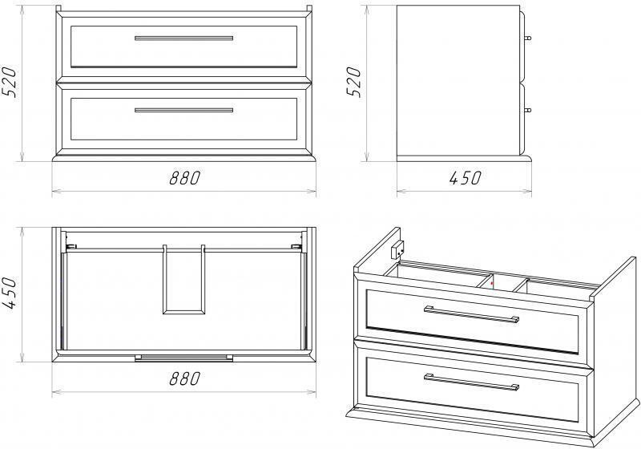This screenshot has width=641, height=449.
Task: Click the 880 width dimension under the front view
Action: [x=185, y=178]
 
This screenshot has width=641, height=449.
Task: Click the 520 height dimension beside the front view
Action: [x=9, y=82]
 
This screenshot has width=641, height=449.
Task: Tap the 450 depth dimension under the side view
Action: [x=465, y=178]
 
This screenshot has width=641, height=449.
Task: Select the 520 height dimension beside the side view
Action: [x=354, y=82]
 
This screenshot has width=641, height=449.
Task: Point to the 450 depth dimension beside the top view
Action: [x=9, y=293]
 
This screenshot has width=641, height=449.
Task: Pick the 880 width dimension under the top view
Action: [x=185, y=378]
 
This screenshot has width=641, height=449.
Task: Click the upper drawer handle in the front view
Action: [x=184, y=38]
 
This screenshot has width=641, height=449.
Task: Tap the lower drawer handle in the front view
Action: [x=184, y=110]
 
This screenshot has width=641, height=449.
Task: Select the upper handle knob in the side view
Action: [x=527, y=38]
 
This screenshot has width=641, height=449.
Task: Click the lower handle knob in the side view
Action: [x=527, y=110]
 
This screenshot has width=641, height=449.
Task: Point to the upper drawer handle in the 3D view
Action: [x=472, y=314]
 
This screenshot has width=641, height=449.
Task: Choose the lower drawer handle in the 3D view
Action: [x=472, y=382]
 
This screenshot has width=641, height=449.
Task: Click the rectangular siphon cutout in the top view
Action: [x=184, y=280]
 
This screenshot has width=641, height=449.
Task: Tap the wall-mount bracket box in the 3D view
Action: [x=397, y=250]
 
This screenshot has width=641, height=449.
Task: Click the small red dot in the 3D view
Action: [x=492, y=283]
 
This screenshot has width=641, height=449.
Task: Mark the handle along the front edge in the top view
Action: [x=184, y=358]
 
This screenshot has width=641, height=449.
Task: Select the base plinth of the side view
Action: [x=465, y=159]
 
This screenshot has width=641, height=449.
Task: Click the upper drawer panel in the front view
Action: [x=184, y=47]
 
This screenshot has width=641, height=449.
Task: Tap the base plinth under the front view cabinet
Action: [x=184, y=156]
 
